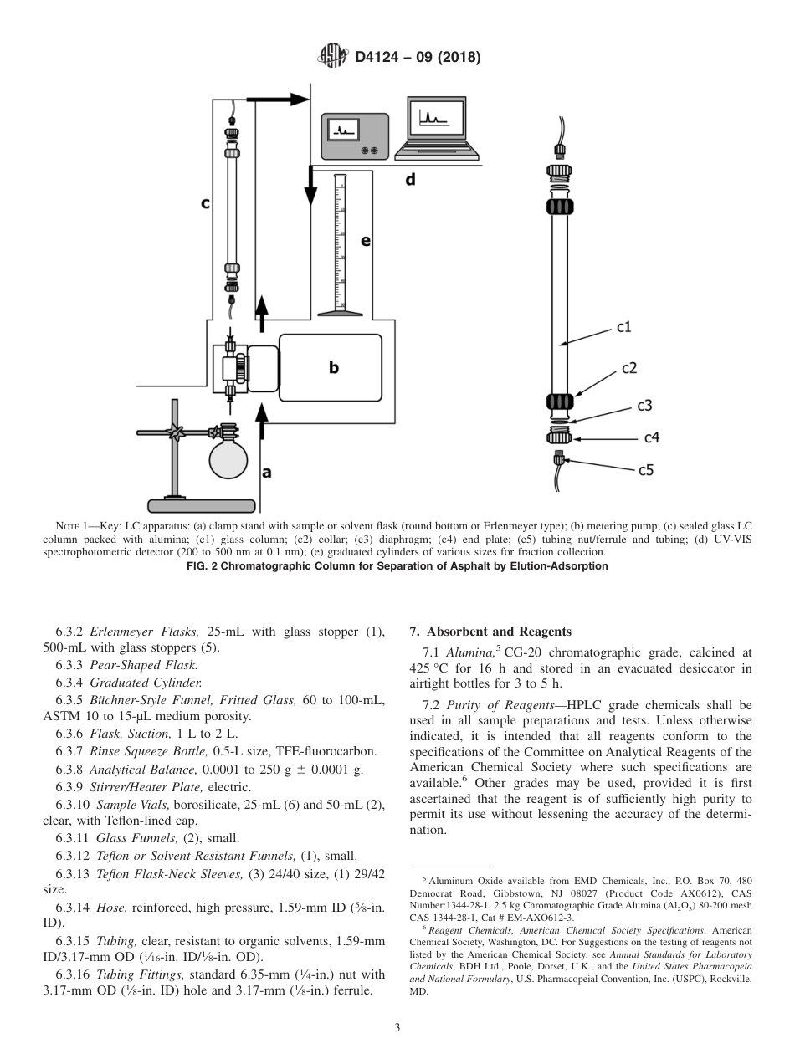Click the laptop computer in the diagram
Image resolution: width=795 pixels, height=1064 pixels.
tap(437, 129)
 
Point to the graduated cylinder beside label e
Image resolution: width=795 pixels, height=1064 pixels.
tap(340, 243)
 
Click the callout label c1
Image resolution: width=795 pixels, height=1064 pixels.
tap(624, 326)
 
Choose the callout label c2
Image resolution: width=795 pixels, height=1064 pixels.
tap(629, 367)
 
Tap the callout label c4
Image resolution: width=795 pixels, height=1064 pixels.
tap(651, 437)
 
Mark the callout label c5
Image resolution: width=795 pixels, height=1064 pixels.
tap(645, 470)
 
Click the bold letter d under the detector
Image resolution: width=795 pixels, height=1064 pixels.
tap(410, 179)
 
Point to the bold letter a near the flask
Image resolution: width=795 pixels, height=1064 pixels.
tap(266, 472)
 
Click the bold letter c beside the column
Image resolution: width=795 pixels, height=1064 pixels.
tap(205, 202)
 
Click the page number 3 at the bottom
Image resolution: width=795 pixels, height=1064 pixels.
tap(397, 1028)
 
